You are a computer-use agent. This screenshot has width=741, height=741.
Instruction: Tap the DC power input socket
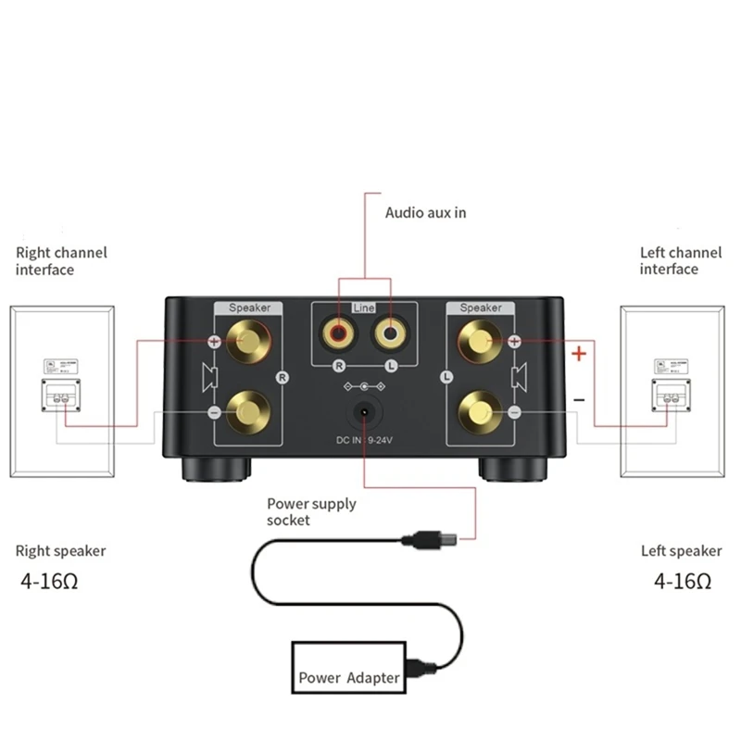[365, 411]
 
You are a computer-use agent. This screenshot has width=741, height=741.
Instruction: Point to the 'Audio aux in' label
[425, 212]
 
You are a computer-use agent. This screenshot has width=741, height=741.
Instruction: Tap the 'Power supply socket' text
[311, 511]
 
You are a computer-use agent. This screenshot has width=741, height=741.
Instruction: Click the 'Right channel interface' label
[61, 260]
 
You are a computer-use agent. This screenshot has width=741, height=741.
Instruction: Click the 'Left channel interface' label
[680, 260]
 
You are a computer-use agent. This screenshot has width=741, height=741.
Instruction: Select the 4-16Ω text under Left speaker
[683, 583]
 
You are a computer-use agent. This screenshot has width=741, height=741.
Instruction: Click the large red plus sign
[579, 353]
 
